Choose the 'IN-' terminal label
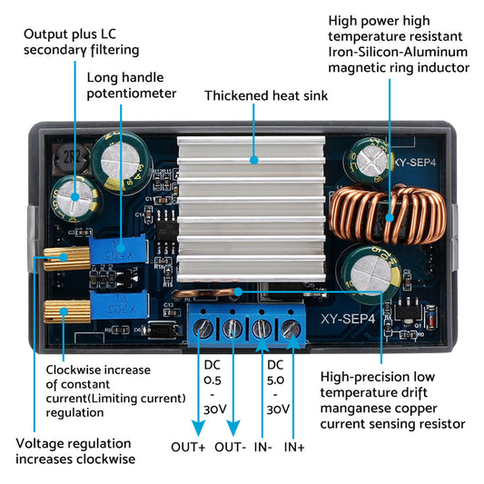[x=262, y=446]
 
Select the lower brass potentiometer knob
[x=60, y=315]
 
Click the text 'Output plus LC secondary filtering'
[x=82, y=42]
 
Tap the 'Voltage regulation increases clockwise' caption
[x=75, y=450]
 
